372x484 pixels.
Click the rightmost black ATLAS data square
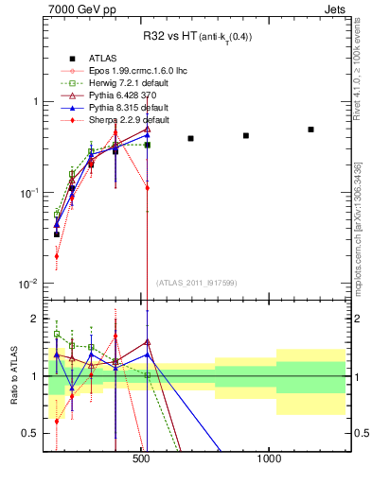click(310, 130)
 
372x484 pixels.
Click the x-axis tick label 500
click(142, 458)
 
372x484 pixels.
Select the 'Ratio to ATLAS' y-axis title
click(12, 376)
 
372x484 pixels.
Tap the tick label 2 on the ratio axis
click(33, 319)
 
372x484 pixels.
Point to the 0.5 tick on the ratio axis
click(29, 433)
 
